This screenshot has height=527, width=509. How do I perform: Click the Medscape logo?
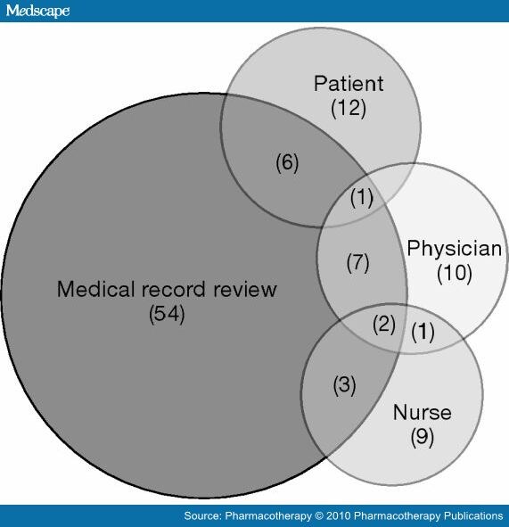(37, 11)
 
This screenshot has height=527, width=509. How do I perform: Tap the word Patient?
(349, 83)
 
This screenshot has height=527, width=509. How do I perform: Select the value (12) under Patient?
(349, 109)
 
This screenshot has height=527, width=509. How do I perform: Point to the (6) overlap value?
(287, 162)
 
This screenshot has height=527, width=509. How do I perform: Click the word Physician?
(455, 249)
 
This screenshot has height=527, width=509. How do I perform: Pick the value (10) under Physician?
(455, 273)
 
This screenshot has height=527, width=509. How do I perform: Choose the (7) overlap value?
(357, 262)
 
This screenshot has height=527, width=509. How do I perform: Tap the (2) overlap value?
(384, 325)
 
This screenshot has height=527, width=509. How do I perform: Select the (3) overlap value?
(344, 385)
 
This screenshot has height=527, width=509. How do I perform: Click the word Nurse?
(422, 412)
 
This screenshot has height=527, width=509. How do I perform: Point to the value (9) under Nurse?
(422, 437)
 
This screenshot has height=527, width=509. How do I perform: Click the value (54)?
(167, 314)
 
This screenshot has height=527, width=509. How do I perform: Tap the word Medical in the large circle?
(95, 289)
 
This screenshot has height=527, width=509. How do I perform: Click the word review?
(245, 290)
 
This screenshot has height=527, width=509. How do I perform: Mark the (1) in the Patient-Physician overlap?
(362, 198)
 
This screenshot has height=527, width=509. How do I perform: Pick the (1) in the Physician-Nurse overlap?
(423, 332)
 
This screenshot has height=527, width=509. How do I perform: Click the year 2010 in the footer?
(339, 515)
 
